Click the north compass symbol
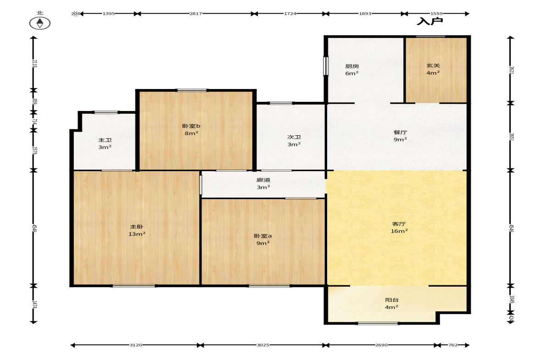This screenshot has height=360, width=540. (40, 23)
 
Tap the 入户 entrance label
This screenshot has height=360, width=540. (430, 22)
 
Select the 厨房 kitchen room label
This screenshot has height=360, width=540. (352, 66)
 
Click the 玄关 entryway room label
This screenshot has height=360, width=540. (433, 66)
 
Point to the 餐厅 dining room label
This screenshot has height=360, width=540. (400, 132)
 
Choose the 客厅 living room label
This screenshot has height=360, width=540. (399, 224)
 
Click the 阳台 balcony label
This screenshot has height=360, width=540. (391, 300)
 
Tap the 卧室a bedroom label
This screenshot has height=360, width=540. (263, 236)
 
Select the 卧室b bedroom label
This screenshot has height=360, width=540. (191, 126)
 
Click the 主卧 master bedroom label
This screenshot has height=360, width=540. (136, 227)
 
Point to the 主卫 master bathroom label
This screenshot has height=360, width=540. (105, 140)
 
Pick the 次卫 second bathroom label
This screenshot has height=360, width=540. (294, 137)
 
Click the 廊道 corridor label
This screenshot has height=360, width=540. (263, 180)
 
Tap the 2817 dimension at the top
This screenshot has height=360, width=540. (195, 14)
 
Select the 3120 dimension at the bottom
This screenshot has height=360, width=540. (136, 345)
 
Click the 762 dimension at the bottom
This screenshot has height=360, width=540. (453, 345)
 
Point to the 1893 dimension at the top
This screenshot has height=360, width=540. (365, 14)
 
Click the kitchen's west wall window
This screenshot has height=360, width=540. (325, 66)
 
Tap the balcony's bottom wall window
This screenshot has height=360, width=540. (378, 323)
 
